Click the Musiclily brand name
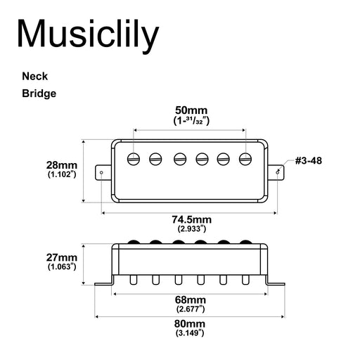coord(88,34)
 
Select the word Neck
coord(35,76)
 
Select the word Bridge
coord(39,93)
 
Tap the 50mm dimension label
coord(191,110)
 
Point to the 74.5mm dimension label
coord(191,219)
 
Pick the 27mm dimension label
coord(61,257)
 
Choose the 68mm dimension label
coord(191,299)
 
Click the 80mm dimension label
coord(191,323)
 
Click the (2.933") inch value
coord(191,229)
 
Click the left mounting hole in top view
coord(102,171)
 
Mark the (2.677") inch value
coord(191,308)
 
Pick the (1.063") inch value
coord(61,267)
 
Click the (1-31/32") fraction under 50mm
coord(191,121)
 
